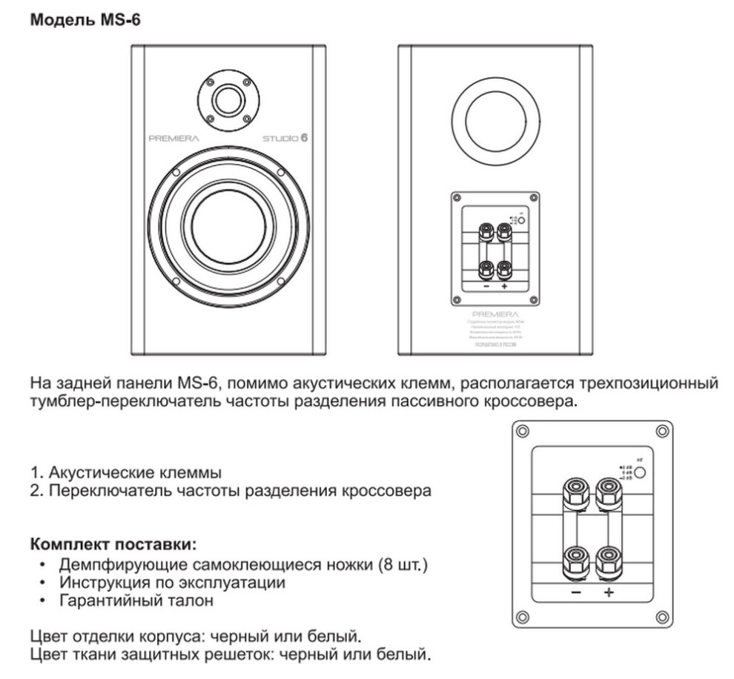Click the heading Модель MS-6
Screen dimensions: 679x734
click(85, 20)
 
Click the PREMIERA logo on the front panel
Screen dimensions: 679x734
click(174, 138)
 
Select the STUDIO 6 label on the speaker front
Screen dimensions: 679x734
click(284, 138)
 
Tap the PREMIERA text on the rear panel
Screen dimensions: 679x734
click(495, 314)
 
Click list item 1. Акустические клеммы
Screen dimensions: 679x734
click(126, 471)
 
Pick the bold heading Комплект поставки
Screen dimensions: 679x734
click(113, 545)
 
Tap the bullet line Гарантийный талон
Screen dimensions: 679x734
click(137, 600)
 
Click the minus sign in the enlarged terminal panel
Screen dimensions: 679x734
click(576, 592)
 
